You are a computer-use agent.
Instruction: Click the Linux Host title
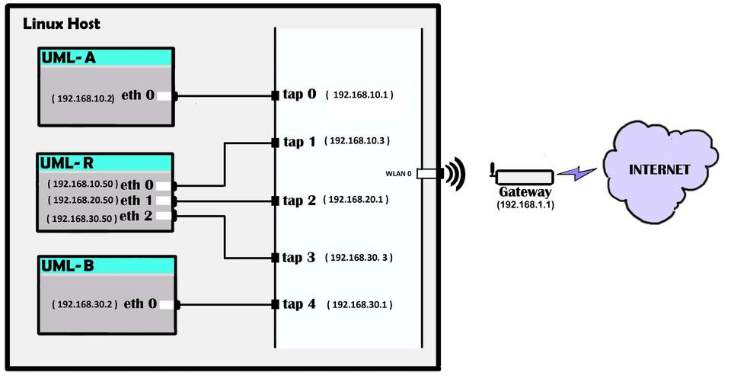(x=62, y=24)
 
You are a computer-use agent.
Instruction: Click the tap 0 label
(x=298, y=95)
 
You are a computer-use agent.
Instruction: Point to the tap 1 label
(x=298, y=142)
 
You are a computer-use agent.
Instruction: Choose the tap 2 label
(x=298, y=201)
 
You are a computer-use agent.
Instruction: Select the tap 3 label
(x=298, y=258)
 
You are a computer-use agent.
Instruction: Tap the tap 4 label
(x=298, y=304)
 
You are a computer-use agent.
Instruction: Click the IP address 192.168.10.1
(x=361, y=95)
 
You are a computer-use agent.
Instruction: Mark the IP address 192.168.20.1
(x=356, y=200)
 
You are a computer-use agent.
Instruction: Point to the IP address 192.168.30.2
(x=85, y=304)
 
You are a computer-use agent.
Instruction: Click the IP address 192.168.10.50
(x=81, y=185)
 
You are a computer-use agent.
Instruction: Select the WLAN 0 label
(x=398, y=174)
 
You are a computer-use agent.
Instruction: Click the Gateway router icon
(x=521, y=176)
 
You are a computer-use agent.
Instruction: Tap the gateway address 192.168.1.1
(x=525, y=205)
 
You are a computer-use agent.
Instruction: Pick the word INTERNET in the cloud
(x=659, y=169)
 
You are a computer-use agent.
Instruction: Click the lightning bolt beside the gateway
(x=575, y=175)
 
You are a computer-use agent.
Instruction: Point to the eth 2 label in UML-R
(x=140, y=216)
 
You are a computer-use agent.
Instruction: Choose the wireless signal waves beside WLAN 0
(x=455, y=174)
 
